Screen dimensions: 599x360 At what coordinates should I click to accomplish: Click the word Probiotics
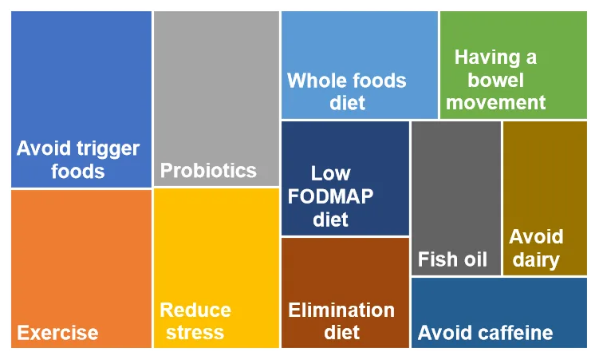208,171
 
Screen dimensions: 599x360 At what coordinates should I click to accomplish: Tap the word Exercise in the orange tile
57,333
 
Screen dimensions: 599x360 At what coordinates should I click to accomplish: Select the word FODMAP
330,196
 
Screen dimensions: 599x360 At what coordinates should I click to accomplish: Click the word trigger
108,149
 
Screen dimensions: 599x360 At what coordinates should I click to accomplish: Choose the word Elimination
341,310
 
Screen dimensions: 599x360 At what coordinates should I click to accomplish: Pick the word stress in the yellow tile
195,333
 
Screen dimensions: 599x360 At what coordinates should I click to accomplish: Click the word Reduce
195,310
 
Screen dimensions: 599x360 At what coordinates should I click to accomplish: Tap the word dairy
536,260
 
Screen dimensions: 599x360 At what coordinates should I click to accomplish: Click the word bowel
495,80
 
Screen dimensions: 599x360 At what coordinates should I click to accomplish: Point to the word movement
495,102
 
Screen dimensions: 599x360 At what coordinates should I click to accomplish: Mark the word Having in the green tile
487,58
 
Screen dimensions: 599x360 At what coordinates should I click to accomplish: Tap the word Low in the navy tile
330,173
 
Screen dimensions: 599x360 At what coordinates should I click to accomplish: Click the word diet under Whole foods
347,103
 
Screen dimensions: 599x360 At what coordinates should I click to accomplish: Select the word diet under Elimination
341,332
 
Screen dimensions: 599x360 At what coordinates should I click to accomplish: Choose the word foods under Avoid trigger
78,171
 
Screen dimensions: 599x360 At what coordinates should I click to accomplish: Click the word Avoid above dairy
536,236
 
